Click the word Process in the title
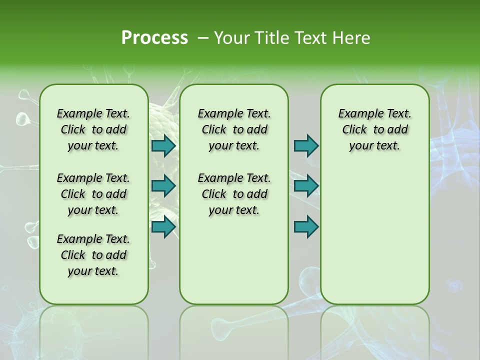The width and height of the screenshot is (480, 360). tap(154, 37)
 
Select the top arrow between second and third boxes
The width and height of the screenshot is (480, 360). tap(306, 145)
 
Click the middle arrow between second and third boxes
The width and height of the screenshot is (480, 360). tap(306, 186)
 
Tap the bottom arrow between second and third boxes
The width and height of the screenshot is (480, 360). tap(306, 226)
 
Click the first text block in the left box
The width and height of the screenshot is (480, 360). tap(93, 129)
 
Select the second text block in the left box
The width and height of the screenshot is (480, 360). tap(93, 194)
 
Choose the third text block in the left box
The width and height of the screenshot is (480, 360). tap(93, 255)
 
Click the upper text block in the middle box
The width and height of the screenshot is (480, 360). tap(234, 129)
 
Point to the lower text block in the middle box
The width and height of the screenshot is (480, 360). tap(234, 194)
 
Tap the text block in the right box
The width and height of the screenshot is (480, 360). tap(375, 129)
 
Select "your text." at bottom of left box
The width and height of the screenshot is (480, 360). tap(93, 271)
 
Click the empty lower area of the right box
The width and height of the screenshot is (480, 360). tap(375, 235)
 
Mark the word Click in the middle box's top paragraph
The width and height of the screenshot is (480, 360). tap(214, 130)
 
